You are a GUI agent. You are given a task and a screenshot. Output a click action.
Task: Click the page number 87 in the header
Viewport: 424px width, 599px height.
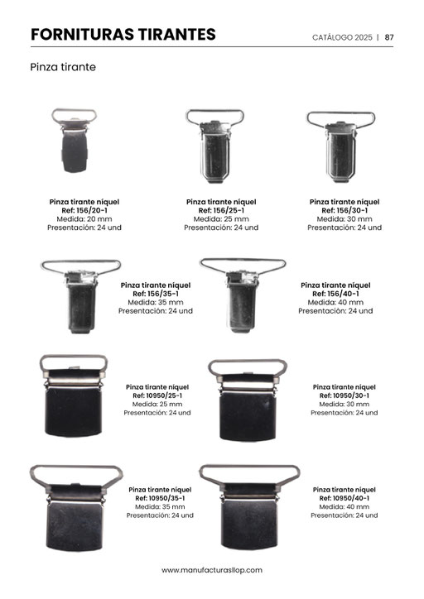[389, 37]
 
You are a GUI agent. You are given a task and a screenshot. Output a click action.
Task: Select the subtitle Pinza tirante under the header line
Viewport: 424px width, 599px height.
[63, 67]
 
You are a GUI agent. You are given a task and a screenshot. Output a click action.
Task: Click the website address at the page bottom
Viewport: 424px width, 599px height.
[212, 570]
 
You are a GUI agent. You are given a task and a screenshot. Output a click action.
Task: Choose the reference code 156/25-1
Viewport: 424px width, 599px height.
[229, 210]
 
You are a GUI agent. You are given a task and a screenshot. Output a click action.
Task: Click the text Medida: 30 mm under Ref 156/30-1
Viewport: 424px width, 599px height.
[344, 219]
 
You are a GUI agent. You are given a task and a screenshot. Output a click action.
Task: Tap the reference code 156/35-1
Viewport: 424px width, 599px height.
[163, 294]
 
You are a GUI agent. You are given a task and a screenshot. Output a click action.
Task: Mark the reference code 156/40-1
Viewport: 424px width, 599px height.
[343, 294]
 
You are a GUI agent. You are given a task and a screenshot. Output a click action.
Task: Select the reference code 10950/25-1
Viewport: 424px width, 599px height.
[165, 395]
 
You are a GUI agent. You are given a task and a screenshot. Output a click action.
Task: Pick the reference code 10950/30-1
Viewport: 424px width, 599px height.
[351, 395]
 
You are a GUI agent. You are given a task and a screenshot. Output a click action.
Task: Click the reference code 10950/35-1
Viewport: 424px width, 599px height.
[167, 498]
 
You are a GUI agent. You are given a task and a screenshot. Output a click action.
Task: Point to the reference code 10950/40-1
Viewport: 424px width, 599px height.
[351, 498]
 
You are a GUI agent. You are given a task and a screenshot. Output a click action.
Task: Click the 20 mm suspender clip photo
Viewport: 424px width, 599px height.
[75, 141]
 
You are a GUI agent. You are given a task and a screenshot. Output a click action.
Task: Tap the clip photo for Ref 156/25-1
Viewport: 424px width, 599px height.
[214, 146]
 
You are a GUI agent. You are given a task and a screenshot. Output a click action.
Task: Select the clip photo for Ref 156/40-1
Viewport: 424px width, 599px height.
[243, 295]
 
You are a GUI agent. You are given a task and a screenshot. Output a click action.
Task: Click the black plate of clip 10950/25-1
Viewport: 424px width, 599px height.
[74, 412]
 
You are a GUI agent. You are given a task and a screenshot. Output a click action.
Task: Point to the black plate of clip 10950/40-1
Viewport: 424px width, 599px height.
[249, 525]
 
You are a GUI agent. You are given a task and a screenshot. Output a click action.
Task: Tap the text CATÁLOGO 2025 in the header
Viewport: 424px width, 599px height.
[342, 37]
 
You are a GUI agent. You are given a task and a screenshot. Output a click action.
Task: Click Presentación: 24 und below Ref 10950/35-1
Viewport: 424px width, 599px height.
[160, 515]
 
